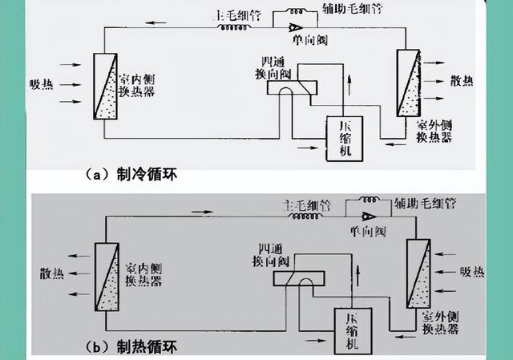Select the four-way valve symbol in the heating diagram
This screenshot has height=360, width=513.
point(297,277)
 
